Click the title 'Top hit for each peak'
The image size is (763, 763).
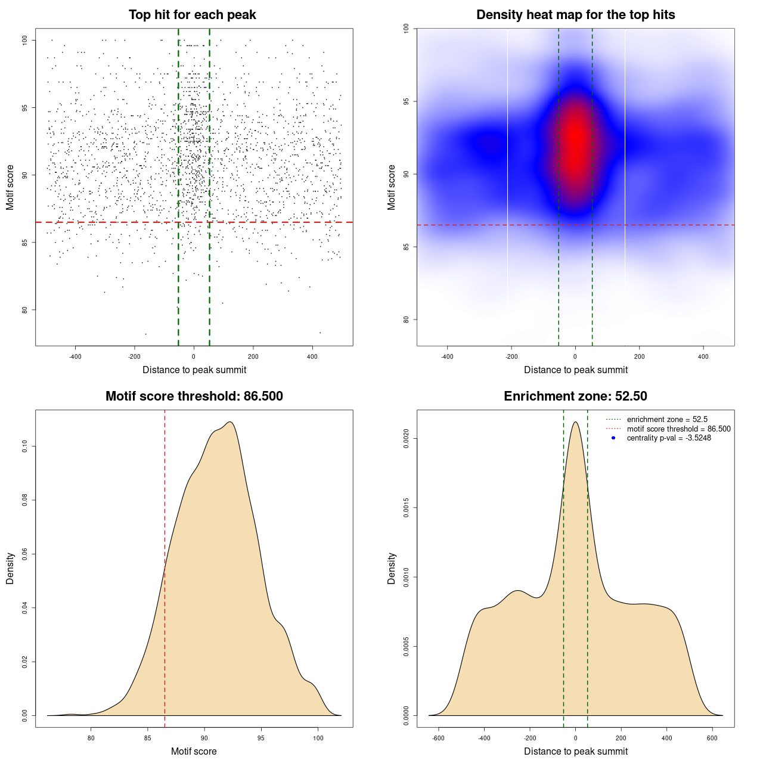[x=192, y=15]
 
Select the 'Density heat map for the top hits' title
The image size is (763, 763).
[x=575, y=15]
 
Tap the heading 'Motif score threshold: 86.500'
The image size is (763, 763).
[x=194, y=396]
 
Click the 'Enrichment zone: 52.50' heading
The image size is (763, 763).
[x=575, y=396]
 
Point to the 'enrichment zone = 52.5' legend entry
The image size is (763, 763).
[x=667, y=420]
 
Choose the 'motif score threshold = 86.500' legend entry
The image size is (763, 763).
[x=678, y=429]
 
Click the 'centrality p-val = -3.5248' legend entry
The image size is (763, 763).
[x=669, y=438]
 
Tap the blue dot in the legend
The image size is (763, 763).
[x=613, y=438]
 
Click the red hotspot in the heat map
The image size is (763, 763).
[x=575, y=143]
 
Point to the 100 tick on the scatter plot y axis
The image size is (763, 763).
[x=25, y=40]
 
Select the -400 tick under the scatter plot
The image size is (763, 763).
[x=75, y=357]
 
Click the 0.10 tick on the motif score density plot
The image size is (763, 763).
[x=25, y=446]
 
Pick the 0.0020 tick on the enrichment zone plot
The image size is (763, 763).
[x=407, y=439]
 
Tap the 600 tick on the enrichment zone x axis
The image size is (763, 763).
[x=712, y=738]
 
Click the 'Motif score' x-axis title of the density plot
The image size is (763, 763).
[x=194, y=751]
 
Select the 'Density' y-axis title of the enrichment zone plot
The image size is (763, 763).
[x=392, y=568]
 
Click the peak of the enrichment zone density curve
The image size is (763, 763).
[x=575, y=422]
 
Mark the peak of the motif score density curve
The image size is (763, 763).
[x=230, y=422]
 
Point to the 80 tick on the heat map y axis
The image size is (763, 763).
[x=407, y=320]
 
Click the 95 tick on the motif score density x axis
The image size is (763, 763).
[x=261, y=738]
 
